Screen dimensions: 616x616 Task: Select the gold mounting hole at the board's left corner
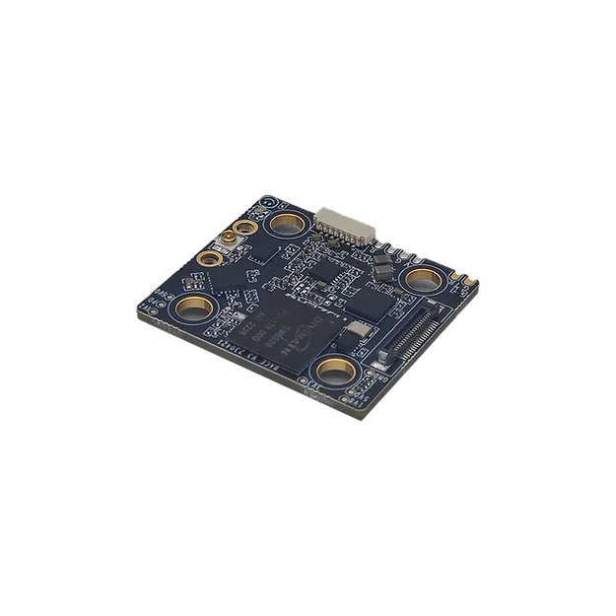(x=191, y=308)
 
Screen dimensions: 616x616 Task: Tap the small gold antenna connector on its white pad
(x=226, y=242)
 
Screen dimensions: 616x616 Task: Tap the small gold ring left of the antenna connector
(x=208, y=261)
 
